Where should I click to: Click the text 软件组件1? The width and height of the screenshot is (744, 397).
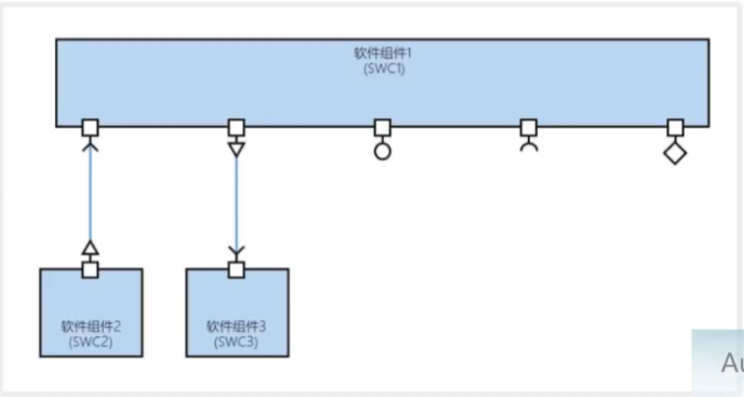383,53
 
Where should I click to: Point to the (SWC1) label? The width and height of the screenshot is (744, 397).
383,68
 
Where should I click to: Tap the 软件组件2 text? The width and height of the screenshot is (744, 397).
91,326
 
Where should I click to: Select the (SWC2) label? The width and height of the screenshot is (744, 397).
91,341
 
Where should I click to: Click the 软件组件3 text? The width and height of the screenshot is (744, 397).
237,326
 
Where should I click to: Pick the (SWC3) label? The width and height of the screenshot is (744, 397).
237,341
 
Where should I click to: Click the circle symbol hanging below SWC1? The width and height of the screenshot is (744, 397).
382,152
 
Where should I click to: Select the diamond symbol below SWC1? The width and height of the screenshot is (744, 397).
675,154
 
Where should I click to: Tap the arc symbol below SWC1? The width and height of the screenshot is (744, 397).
529,146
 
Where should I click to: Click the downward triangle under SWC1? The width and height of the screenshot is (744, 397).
236,149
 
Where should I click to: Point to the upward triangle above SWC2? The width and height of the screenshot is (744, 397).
91,248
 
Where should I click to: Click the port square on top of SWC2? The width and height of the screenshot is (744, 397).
91,269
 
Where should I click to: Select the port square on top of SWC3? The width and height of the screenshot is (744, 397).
237,269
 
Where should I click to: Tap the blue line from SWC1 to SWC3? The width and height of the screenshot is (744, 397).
236,199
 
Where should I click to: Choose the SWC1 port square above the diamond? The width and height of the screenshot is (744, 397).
675,127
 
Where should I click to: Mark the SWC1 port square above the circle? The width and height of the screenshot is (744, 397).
382,127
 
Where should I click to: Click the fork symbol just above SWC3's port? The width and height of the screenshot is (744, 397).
237,251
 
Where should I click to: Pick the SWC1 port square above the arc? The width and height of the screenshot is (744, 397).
529,127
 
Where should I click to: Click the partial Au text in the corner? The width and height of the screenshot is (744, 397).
731,363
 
